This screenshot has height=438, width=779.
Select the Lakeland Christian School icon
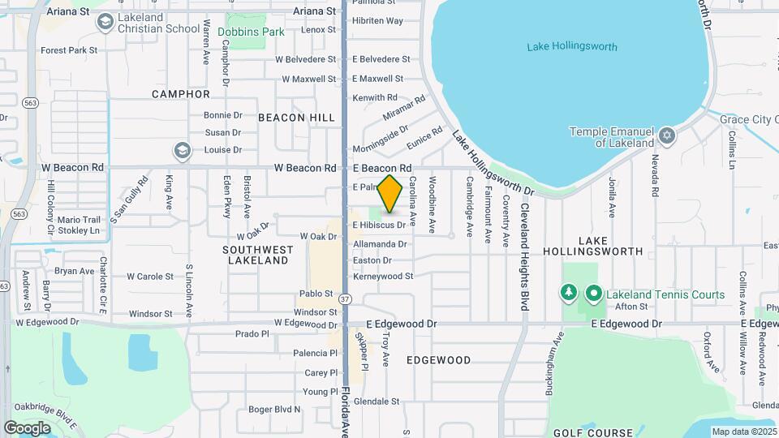[104, 22]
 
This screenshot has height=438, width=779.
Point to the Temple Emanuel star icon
[667, 136]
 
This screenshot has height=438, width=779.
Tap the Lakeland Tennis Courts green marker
[594, 294]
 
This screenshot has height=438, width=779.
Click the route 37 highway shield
[346, 298]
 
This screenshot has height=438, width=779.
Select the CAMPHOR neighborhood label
[181, 94]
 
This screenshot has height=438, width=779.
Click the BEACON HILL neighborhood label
[296, 118]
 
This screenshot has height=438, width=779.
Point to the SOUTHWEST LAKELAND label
[256, 255]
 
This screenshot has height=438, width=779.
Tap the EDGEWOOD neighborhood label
[438, 359]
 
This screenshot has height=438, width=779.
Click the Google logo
[27, 427]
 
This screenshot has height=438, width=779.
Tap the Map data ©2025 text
[743, 432]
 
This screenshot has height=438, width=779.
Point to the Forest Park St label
[69, 49]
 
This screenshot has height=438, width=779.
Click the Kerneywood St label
[383, 276]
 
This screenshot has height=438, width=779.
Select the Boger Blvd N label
[274, 410]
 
